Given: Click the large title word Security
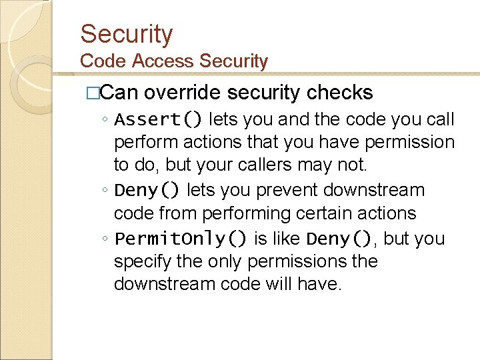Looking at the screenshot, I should [x=126, y=33].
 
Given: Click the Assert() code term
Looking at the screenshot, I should [x=159, y=120].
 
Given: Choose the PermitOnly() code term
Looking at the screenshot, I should [x=181, y=239].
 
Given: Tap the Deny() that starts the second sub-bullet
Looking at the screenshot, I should [x=147, y=191].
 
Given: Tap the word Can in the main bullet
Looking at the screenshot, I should [x=119, y=92].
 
